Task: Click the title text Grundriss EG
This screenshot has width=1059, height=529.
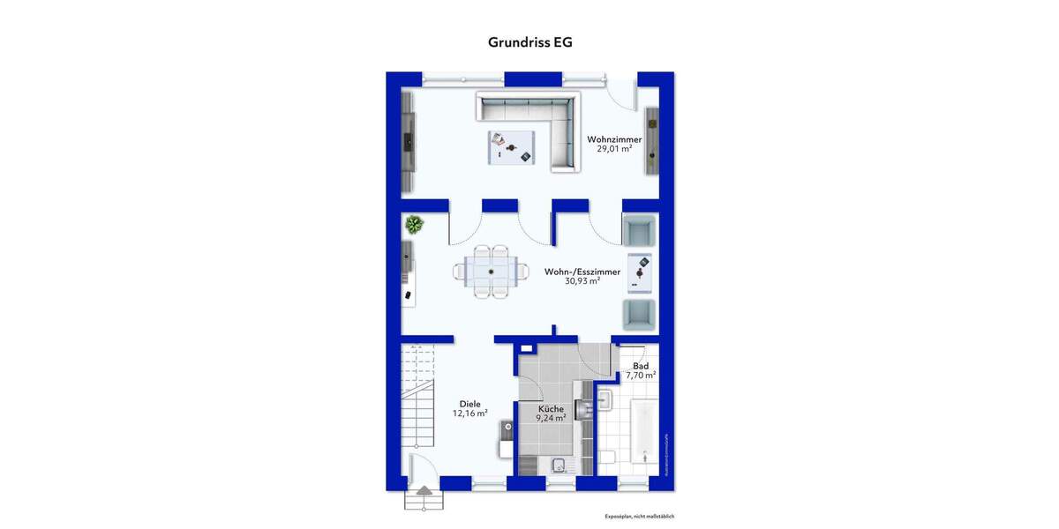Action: [x=529, y=41]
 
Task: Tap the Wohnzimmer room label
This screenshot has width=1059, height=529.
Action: [x=614, y=139]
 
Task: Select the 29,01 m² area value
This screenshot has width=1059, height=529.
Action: [x=614, y=149]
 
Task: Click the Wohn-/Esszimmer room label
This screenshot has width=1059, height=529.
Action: [x=582, y=272]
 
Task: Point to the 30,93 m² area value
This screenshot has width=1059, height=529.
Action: [x=582, y=281]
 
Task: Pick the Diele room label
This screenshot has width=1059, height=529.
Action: [x=469, y=404]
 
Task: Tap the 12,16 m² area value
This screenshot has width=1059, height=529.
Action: [x=469, y=413]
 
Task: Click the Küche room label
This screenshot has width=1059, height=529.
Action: [x=552, y=409]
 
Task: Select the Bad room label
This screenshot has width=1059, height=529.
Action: [x=641, y=366]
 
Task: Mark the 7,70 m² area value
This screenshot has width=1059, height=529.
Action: [x=641, y=376]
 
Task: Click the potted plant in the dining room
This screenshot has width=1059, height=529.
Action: [x=414, y=225]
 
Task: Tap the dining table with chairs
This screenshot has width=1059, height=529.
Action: [x=487, y=272]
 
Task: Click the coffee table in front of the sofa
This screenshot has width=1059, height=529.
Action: [x=513, y=146]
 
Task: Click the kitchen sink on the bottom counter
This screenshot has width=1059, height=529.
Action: [x=558, y=466]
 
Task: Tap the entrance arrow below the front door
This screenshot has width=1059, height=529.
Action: [x=423, y=490]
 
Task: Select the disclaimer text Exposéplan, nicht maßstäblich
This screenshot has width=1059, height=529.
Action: [x=639, y=516]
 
